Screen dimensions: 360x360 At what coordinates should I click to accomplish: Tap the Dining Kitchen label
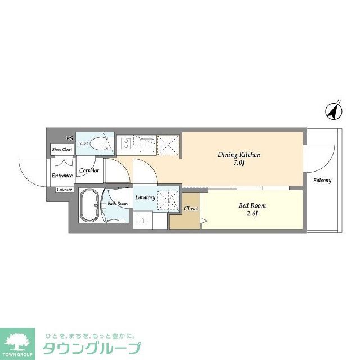pyautogui.click(x=239, y=154)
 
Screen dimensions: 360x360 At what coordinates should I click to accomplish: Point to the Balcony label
pyautogui.click(x=322, y=181)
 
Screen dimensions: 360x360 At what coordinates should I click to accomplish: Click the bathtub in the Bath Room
pyautogui.click(x=89, y=205)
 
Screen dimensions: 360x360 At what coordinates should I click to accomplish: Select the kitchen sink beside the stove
pyautogui.click(x=143, y=146)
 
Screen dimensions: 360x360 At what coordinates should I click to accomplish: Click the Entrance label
pyautogui.click(x=62, y=175)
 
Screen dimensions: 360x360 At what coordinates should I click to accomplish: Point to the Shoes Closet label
pyautogui.click(x=62, y=150)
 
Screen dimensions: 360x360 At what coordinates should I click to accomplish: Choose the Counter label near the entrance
pyautogui.click(x=63, y=190)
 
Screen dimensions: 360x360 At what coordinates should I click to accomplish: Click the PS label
pyautogui.click(x=69, y=138)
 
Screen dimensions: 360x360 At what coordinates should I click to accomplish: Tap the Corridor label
pyautogui.click(x=89, y=170)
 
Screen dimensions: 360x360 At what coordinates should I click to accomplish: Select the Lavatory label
pyautogui.click(x=145, y=197)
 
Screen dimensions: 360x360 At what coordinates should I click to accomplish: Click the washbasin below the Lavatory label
pyautogui.click(x=143, y=219)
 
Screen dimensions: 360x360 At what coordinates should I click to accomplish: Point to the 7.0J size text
pyautogui.click(x=239, y=163)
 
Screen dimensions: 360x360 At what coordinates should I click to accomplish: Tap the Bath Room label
pyautogui.click(x=118, y=203)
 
